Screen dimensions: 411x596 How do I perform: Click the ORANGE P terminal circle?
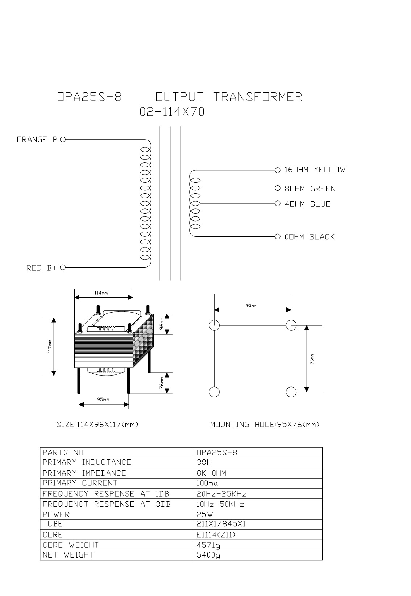point(63,140)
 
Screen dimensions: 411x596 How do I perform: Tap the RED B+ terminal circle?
point(63,267)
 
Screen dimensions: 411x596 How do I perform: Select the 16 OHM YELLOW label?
point(315,170)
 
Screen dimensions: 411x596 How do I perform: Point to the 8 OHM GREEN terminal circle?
point(278,188)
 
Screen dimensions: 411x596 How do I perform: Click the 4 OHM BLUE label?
point(307,204)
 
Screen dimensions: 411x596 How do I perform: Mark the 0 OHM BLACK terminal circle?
point(278,236)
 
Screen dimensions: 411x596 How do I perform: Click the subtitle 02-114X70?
point(172,112)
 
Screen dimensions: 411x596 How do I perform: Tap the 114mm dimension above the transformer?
point(101,293)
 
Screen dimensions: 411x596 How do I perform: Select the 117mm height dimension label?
point(50,347)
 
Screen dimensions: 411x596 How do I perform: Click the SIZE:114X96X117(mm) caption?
point(97,424)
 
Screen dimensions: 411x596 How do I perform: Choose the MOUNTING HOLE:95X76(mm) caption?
point(265,424)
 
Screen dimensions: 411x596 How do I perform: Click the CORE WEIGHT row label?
point(71,545)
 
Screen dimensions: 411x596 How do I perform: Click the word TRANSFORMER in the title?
point(258,97)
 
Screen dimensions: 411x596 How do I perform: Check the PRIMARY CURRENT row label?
point(80,483)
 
